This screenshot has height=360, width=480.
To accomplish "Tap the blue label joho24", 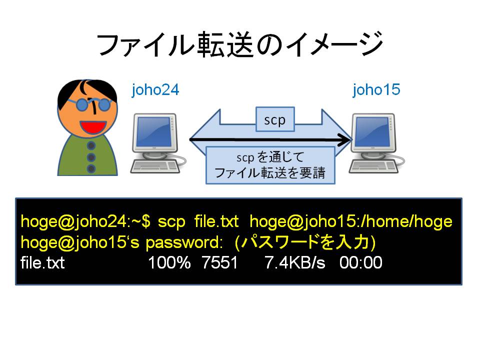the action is pos(155,90).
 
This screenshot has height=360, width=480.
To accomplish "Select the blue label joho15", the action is pos(376,90).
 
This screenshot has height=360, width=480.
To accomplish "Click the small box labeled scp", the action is pos(275,119).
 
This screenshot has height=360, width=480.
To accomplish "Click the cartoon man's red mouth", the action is pos(93,126).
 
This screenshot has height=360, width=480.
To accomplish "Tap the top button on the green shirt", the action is pos(91,145).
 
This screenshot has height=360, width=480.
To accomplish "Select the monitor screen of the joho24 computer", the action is pos(153,132).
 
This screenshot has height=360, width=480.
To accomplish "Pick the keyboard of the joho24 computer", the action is pos(155,167).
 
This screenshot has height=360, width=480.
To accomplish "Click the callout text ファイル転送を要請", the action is pos(269,173).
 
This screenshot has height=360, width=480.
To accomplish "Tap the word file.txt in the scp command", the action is pos(216,221).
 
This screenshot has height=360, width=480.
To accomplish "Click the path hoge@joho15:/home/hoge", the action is pos(351,221).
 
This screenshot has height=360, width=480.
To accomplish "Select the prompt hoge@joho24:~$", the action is pos(85,221).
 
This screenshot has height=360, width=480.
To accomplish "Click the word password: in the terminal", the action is pos(184,243).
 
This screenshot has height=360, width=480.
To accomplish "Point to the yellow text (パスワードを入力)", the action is pos(305,242).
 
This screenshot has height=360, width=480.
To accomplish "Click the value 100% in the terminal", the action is pos(169,262).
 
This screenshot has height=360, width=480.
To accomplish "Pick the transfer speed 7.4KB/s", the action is pos(295,262).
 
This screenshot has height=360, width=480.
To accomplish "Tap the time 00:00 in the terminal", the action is pos(361,262).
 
